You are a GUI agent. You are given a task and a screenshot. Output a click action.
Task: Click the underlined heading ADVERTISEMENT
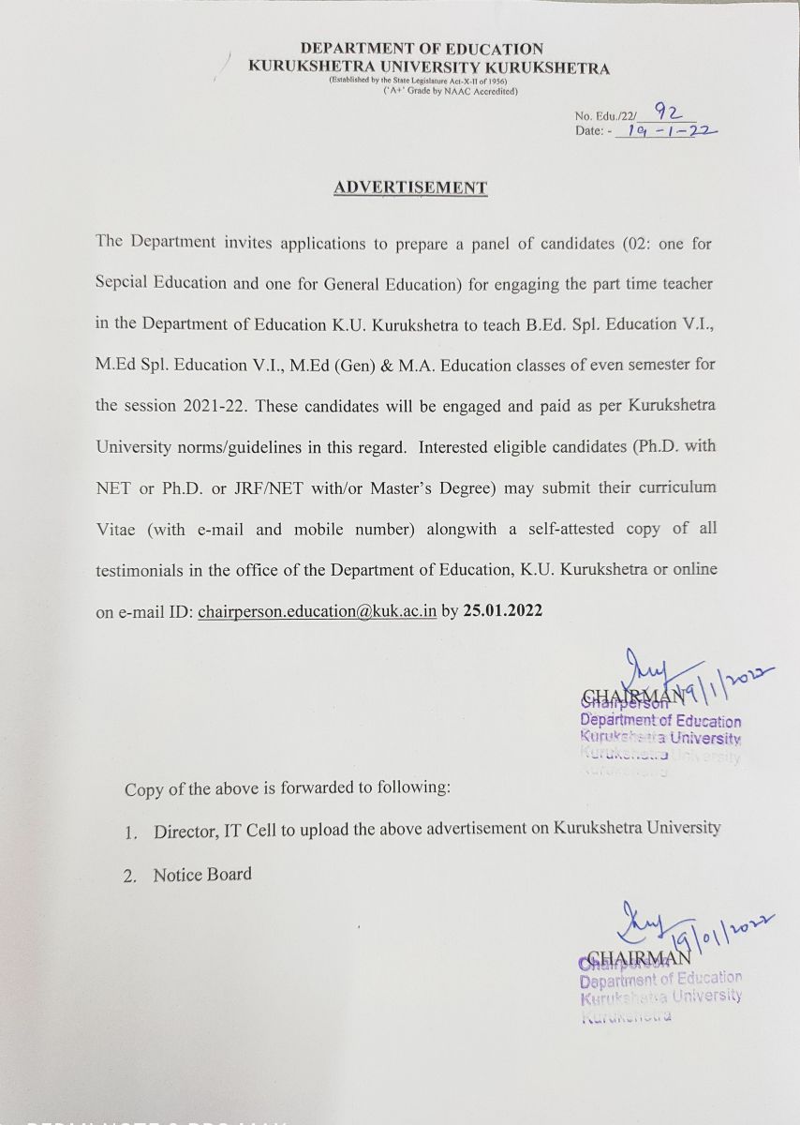(x=410, y=187)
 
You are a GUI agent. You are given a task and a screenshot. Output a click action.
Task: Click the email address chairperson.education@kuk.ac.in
(x=318, y=610)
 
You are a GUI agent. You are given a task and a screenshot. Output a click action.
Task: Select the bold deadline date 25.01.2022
(x=503, y=610)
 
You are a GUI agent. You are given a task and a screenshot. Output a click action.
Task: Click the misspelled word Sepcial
(x=122, y=283)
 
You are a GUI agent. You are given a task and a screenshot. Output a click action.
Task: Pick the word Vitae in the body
(x=116, y=529)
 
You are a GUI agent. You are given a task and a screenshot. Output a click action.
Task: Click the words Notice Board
(x=203, y=875)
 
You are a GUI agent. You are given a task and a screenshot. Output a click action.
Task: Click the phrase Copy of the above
(x=184, y=788)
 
